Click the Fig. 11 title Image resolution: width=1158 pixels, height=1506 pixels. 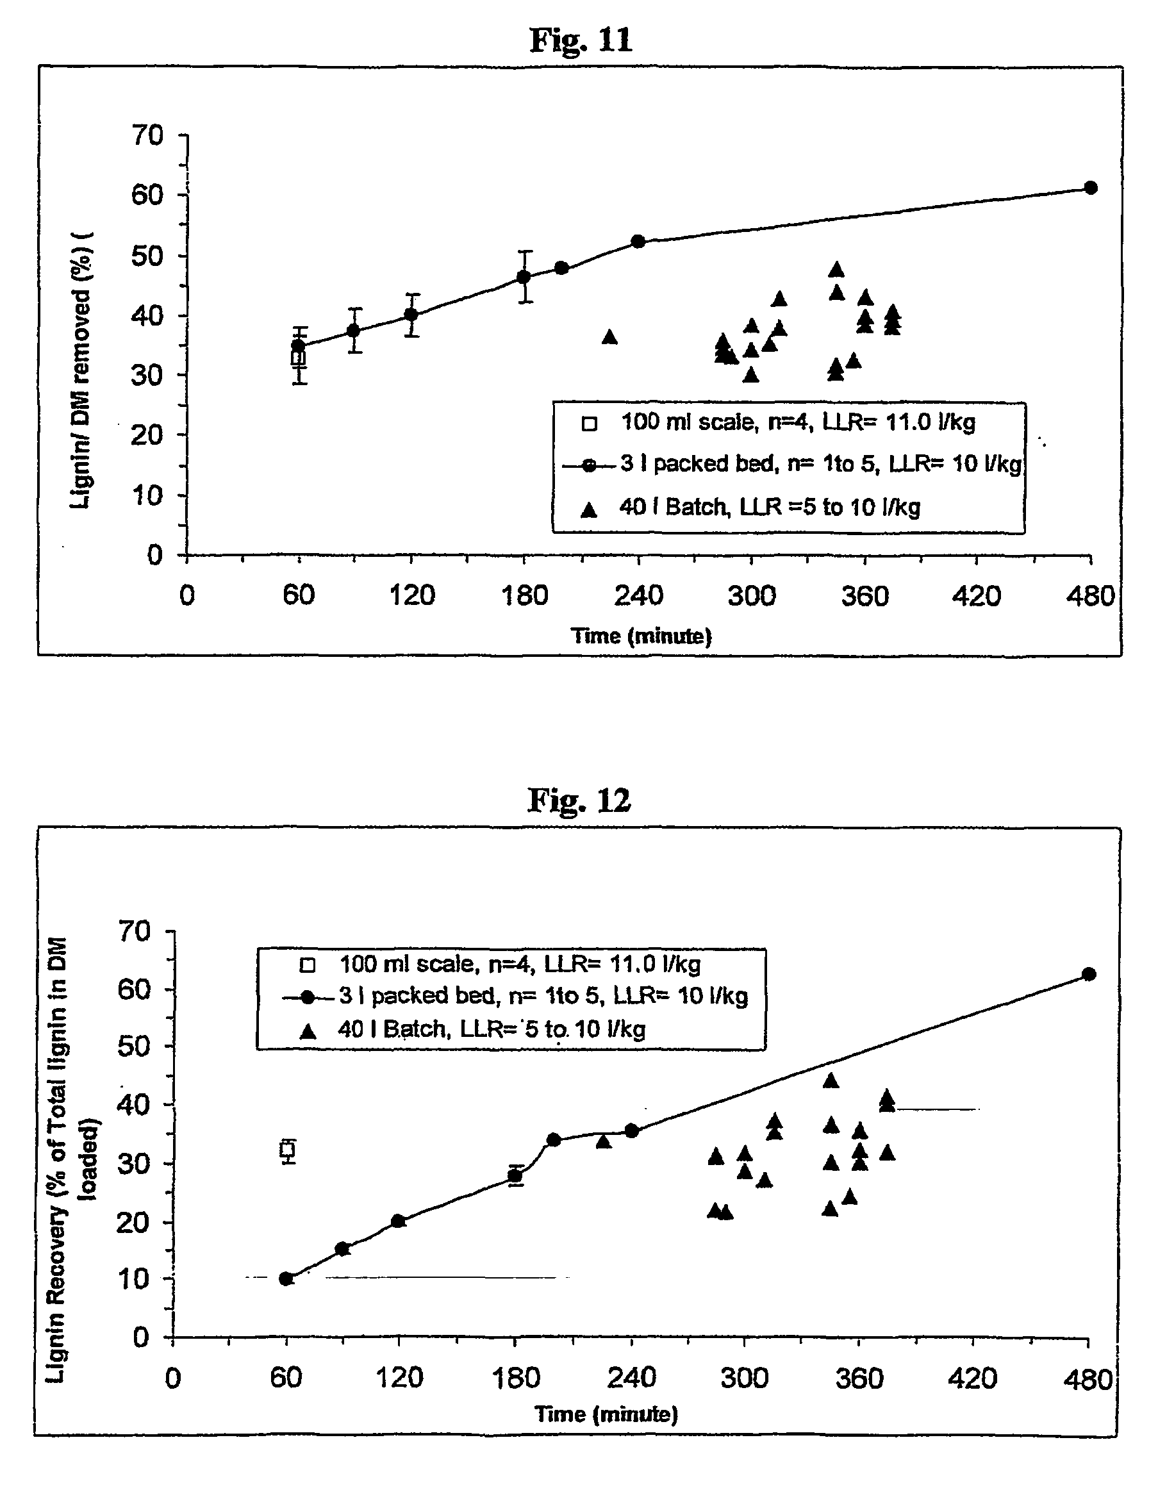click(581, 40)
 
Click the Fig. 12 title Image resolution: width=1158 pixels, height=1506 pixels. click(579, 801)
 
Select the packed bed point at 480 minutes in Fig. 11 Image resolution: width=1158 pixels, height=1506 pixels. click(1091, 188)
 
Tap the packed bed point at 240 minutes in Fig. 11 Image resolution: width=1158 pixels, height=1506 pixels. click(638, 241)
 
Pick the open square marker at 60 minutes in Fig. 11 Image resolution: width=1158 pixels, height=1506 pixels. click(298, 358)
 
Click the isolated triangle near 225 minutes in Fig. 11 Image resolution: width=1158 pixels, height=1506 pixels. click(610, 337)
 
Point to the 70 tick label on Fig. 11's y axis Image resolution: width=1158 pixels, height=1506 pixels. click(147, 135)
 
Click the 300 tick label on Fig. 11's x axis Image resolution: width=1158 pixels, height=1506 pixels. click(751, 595)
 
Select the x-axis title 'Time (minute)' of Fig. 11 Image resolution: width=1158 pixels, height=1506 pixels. click(641, 636)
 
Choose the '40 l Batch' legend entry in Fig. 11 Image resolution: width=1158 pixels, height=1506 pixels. click(768, 508)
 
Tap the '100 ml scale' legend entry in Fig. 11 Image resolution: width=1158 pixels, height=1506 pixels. click(797, 422)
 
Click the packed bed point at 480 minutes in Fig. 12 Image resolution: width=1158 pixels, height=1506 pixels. click(1089, 974)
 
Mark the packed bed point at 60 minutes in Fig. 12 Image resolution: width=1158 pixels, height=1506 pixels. click(286, 1278)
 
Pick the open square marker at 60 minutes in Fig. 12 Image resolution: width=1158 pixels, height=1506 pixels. click(288, 1150)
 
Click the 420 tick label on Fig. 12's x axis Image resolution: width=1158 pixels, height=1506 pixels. click(973, 1378)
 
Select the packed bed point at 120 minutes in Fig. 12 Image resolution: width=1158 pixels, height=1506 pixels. click(399, 1221)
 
